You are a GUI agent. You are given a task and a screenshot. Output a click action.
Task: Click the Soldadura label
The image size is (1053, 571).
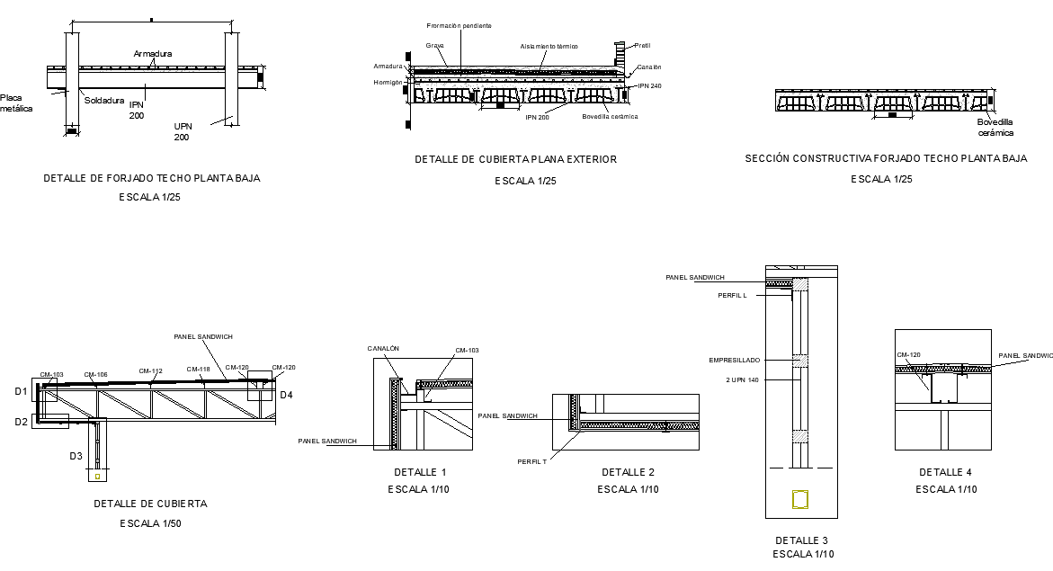click(104, 101)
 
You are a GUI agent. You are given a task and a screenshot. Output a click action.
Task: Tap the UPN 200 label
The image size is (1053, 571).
click(182, 131)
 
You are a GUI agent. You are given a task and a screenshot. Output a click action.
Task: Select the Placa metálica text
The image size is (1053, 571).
click(15, 103)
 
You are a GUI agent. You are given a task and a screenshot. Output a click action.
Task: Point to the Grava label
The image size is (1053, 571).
click(435, 44)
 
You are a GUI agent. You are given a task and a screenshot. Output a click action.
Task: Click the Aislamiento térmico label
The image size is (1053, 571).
click(549, 46)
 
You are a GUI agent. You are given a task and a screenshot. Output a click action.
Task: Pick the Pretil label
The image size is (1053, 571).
click(642, 45)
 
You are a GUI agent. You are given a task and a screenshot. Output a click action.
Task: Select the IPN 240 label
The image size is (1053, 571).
click(649, 86)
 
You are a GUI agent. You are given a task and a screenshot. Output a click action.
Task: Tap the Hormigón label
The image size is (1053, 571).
click(388, 82)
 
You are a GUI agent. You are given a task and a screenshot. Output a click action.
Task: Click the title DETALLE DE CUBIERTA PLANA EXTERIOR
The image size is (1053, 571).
click(515, 159)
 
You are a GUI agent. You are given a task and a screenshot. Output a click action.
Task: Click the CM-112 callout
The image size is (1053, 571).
click(150, 370)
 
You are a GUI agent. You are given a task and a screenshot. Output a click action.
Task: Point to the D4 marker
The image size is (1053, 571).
click(286, 395)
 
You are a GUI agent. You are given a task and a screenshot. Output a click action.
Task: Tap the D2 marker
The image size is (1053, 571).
click(21, 421)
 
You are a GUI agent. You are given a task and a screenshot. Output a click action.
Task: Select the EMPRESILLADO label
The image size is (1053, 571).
click(734, 360)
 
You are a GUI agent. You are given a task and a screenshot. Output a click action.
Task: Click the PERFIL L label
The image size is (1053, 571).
click(732, 295)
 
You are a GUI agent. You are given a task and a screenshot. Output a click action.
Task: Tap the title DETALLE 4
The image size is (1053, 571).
click(945, 472)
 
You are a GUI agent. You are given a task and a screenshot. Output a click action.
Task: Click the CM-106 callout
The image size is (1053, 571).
click(96, 375)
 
